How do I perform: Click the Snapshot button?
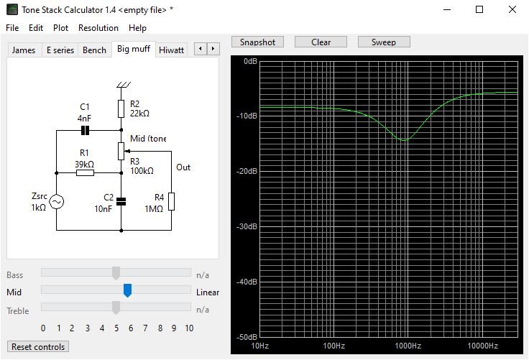tap(257, 42)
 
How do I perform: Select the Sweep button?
tap(384, 42)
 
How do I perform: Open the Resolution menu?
tap(98, 28)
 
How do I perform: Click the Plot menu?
tap(60, 28)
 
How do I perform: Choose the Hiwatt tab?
tap(171, 50)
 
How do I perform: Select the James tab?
tap(24, 50)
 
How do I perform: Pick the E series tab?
tap(60, 50)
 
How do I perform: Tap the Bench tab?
tap(94, 50)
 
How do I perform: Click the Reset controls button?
tap(38, 347)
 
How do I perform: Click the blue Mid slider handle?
tap(127, 290)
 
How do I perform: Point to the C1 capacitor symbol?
tap(85, 130)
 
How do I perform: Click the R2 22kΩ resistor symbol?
tap(121, 109)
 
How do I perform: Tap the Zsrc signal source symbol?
tap(56, 202)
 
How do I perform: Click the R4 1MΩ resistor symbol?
tap(171, 201)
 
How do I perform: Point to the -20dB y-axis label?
tap(247, 171)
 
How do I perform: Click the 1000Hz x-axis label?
tap(408, 346)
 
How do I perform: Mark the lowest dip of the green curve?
tap(404, 140)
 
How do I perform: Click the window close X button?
tap(512, 9)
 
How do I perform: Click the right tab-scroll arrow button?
tap(213, 49)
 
